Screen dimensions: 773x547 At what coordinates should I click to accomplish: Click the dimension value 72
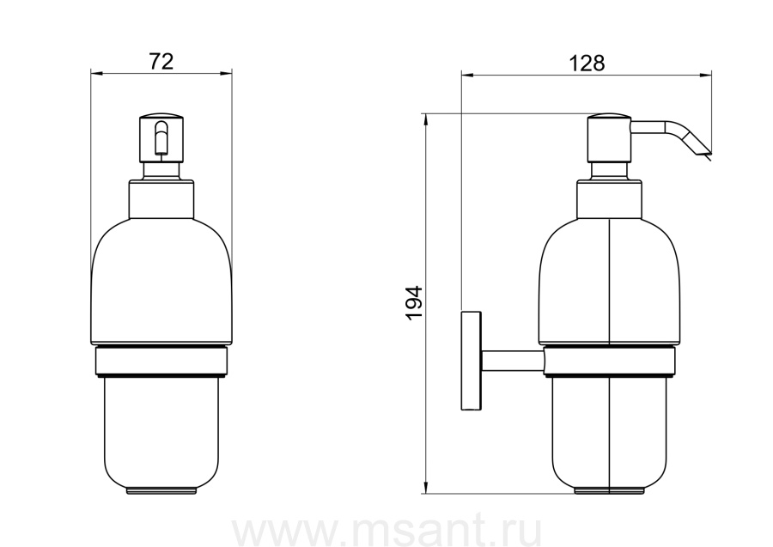pos(161,62)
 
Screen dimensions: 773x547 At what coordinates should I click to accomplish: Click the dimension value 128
pos(587,63)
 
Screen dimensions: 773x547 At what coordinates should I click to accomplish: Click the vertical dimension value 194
pos(415,302)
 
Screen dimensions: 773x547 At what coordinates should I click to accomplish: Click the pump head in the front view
pos(161,138)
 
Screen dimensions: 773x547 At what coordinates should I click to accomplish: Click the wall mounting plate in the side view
pos(471,361)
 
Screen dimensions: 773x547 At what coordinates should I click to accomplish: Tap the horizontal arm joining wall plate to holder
pos(513,361)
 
